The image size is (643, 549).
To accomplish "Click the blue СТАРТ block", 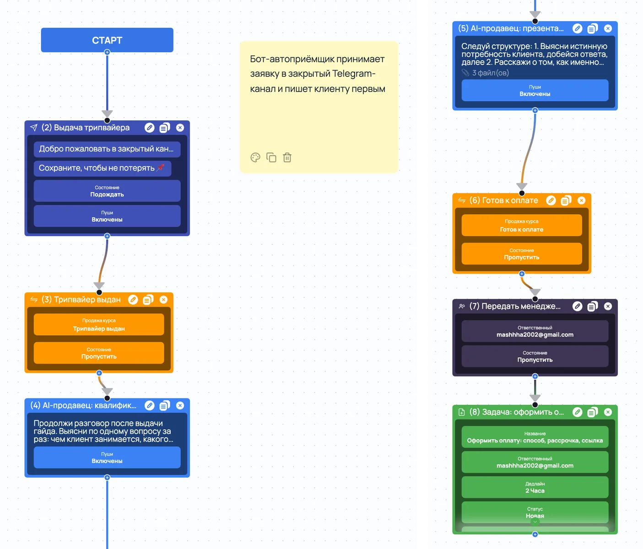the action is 107,40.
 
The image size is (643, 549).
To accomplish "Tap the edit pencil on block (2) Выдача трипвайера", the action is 150,128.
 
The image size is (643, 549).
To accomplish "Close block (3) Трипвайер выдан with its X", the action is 163,300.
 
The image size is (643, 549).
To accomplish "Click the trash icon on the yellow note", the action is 287,157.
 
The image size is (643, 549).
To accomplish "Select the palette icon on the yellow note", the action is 255,157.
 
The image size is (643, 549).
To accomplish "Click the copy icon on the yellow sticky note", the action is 271,157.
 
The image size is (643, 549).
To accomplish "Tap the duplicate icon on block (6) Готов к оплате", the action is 566,201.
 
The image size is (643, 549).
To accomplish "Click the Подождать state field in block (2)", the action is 107,191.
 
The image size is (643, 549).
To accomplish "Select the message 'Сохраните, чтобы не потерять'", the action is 103,168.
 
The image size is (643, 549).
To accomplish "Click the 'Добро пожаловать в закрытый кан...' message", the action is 107,149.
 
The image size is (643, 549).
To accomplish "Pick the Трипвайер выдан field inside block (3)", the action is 99,325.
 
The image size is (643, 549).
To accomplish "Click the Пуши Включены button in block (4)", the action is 107,457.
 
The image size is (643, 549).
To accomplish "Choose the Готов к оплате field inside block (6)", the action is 522,226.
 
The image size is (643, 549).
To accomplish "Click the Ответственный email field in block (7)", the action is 535,331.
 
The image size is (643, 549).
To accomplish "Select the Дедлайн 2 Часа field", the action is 535,487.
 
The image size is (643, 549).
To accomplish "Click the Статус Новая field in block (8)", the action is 535,512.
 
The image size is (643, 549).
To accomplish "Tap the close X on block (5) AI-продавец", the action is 608,29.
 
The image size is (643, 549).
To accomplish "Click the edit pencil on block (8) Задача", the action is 578,412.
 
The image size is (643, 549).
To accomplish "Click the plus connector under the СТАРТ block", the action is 107,52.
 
